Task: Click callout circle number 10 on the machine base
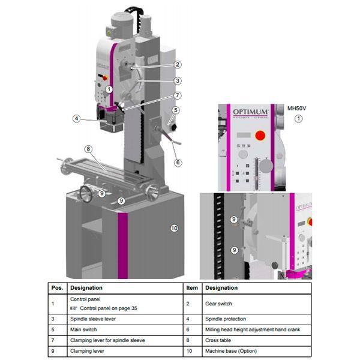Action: (x=174, y=228)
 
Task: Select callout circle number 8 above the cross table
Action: (x=88, y=149)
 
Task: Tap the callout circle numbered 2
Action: (x=178, y=64)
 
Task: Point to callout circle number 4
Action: (x=77, y=119)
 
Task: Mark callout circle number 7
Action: (x=178, y=95)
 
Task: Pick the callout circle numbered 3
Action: (x=178, y=80)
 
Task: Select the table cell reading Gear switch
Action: (x=218, y=304)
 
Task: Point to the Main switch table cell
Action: (x=85, y=329)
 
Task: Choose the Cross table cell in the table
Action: (x=220, y=340)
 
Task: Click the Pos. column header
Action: (x=58, y=288)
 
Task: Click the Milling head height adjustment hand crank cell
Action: (x=248, y=329)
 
